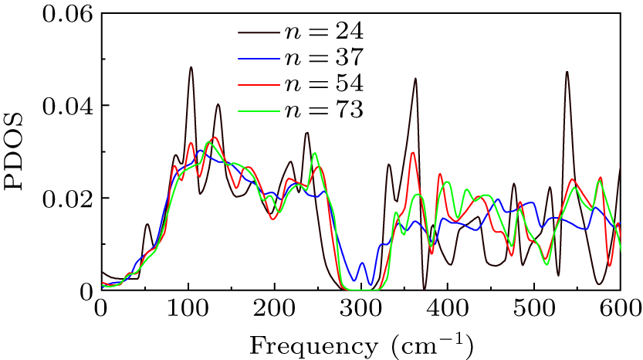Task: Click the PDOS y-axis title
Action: [x=18, y=151]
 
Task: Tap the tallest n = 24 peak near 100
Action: [x=190, y=68]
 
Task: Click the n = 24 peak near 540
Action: [x=567, y=73]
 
